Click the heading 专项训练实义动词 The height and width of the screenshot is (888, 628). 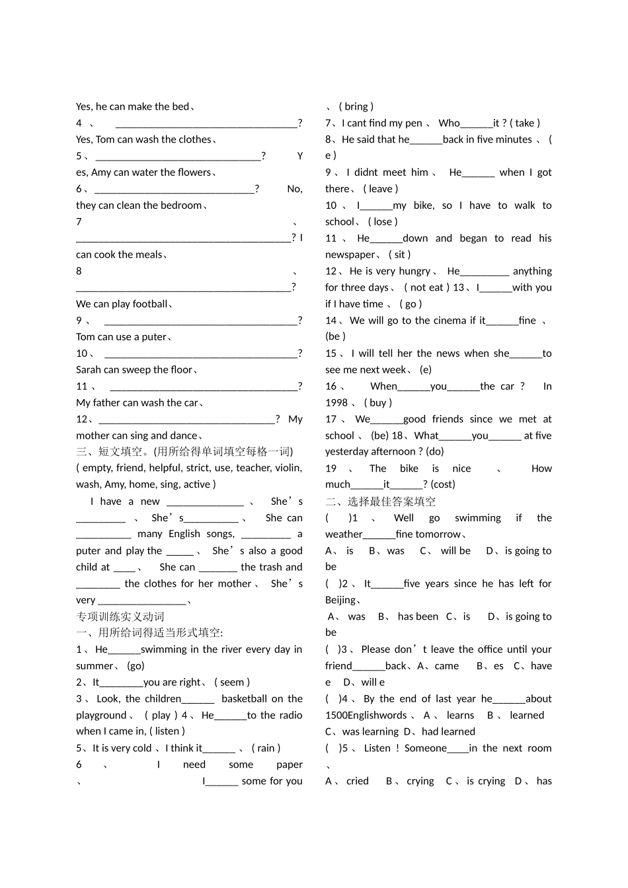[x=120, y=616]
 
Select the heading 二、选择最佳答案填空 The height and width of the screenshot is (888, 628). [x=380, y=501]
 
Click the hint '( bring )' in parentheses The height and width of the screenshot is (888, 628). [x=356, y=106]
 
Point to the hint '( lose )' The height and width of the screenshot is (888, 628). [x=383, y=221]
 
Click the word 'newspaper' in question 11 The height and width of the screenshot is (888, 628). [x=350, y=254]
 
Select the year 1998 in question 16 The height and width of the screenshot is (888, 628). [x=336, y=402]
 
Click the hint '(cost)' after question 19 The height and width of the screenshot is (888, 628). [x=443, y=484]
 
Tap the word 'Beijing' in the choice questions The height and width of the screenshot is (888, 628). [x=340, y=600]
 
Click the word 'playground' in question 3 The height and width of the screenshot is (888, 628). [x=101, y=715]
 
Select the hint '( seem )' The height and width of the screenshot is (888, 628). [x=232, y=682]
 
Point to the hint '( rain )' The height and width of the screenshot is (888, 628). [x=266, y=748]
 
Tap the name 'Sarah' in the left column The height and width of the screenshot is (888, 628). [x=89, y=369]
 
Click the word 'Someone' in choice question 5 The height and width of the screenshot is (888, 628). [x=426, y=748]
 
